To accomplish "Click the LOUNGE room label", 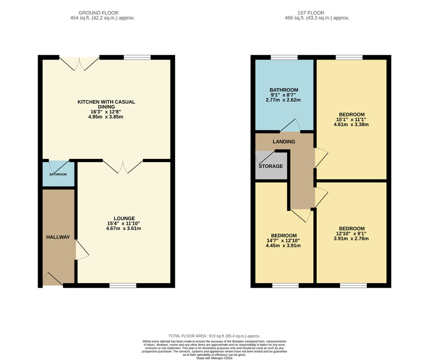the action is (124, 218).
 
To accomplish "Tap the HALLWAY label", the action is (58, 237).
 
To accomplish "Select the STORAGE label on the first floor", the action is (271, 166).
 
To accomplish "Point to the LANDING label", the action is (284, 142).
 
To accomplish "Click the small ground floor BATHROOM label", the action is (58, 174).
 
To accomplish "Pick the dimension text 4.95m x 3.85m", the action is (105, 117).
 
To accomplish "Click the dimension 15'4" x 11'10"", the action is (124, 224).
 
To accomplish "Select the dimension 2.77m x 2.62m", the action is (283, 100).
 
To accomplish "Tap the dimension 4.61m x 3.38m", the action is (351, 125).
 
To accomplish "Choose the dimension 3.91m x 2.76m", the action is (351, 239).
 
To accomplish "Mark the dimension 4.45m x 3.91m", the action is (283, 246).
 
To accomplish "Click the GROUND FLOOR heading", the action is (98, 13).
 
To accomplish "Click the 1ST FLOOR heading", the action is (311, 13).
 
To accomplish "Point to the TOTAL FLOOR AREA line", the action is (214, 336).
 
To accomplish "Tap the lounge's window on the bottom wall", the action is (123, 285).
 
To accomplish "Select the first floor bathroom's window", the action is (284, 57).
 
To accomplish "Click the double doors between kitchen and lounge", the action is (123, 166).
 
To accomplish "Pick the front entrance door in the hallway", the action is (53, 279).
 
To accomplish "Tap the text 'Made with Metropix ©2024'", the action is (214, 358).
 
